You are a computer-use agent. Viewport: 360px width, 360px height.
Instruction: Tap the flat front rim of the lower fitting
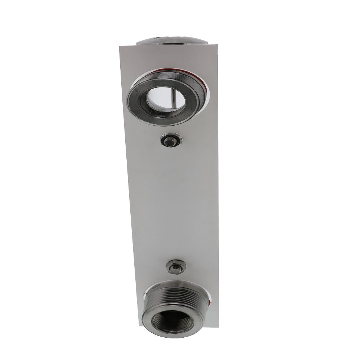pyautogui.click(x=148, y=317)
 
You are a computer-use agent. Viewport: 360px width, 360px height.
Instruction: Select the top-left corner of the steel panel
pyautogui.click(x=120, y=46)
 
